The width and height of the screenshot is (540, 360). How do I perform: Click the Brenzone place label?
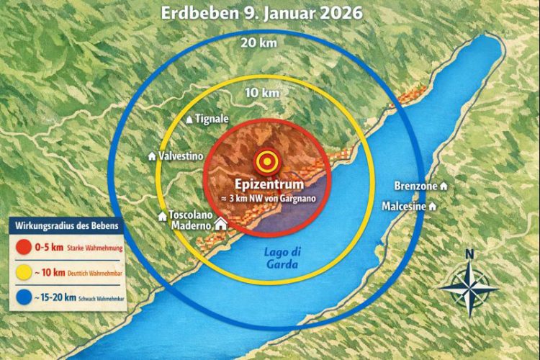point(416,186)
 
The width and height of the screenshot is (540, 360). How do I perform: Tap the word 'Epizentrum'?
point(267,182)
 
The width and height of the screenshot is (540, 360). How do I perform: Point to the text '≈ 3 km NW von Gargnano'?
point(267,197)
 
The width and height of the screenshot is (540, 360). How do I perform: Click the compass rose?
point(469,287)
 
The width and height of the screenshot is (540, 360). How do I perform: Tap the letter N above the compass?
point(469,253)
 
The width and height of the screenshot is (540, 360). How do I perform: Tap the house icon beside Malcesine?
point(433,206)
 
